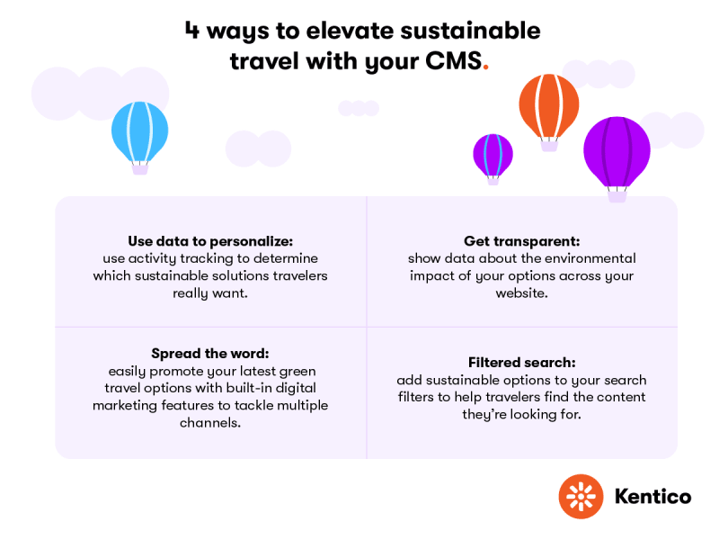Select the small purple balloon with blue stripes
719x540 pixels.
[x=493, y=156]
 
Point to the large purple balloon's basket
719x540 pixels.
[x=617, y=196]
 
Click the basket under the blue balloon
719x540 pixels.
[x=140, y=169]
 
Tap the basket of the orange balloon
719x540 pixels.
[x=549, y=146]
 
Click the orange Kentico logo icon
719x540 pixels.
[x=581, y=497]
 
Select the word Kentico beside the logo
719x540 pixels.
[x=653, y=497]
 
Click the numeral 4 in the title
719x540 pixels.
[x=192, y=31]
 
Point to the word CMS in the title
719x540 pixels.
[x=454, y=60]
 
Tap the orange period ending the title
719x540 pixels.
[x=486, y=68]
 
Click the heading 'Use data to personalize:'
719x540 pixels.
[x=210, y=241]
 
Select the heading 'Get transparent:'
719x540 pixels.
[x=522, y=241]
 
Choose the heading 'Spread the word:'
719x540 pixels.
[x=210, y=353]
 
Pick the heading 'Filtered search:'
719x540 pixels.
[x=522, y=363]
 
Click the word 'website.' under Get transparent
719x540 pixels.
[x=522, y=293]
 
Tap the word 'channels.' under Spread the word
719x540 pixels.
[x=210, y=422]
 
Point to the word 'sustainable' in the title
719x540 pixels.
[x=470, y=31]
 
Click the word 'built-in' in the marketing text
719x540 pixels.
[x=249, y=388]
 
